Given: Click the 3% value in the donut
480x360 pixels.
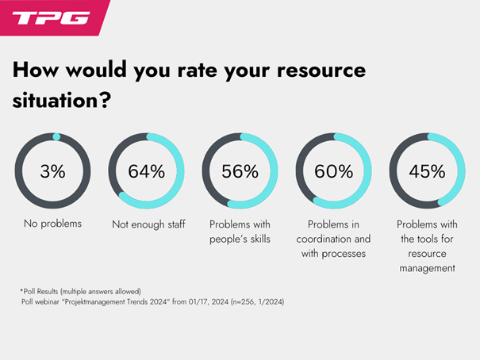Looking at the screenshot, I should point(52,171).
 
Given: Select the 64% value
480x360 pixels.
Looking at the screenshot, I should point(146,171).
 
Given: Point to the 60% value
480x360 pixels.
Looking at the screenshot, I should point(333,171).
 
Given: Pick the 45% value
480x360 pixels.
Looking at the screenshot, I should point(427,171).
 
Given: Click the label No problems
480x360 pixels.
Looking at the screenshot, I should point(52,224).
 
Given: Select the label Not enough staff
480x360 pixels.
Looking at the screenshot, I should point(148,224).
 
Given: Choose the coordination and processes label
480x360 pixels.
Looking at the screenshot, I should point(335,239).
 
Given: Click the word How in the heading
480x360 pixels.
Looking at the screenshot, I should point(36,70).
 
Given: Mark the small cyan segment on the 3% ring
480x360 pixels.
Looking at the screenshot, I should point(56,136).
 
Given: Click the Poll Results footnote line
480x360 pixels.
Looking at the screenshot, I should point(72,291).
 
